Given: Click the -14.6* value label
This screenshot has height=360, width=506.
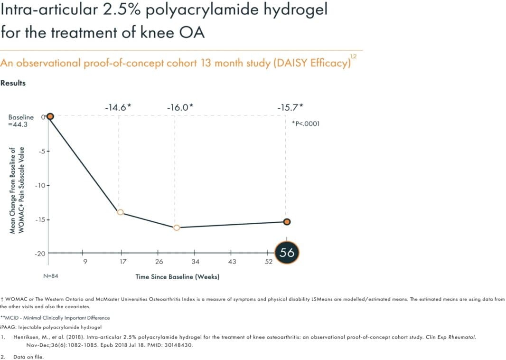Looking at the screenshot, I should coord(118,107).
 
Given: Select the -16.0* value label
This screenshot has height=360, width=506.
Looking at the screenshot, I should coord(180,107).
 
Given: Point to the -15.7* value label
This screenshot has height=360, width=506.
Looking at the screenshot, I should coord(290,107).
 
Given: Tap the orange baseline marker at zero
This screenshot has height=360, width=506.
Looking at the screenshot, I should coord(50,116).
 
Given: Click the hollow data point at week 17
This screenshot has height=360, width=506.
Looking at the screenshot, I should coord(121,212).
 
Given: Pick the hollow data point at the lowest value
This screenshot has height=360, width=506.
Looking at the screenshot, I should coord(177,228).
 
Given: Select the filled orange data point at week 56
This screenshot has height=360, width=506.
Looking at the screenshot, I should coord(287,222).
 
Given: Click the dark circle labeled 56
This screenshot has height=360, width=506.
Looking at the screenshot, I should coord(287,253).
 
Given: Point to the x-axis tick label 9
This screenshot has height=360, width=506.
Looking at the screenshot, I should coord(85,262).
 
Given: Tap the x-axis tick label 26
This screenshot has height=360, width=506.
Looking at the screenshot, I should coord(159,262).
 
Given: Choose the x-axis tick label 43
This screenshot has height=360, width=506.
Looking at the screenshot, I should coord(232,262).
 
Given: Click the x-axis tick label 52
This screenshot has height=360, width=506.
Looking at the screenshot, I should coord(269,262).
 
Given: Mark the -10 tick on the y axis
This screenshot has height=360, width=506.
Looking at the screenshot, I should coord(39,185).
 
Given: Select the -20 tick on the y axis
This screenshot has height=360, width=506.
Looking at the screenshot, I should coord(39,254).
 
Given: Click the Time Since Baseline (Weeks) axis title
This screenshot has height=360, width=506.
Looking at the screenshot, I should coord(177,276).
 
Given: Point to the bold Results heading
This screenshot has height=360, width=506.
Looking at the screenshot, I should coord(13,83).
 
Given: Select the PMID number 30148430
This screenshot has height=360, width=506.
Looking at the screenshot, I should coord(180,345).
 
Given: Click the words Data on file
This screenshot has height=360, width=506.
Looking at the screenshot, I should coord(28,357).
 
